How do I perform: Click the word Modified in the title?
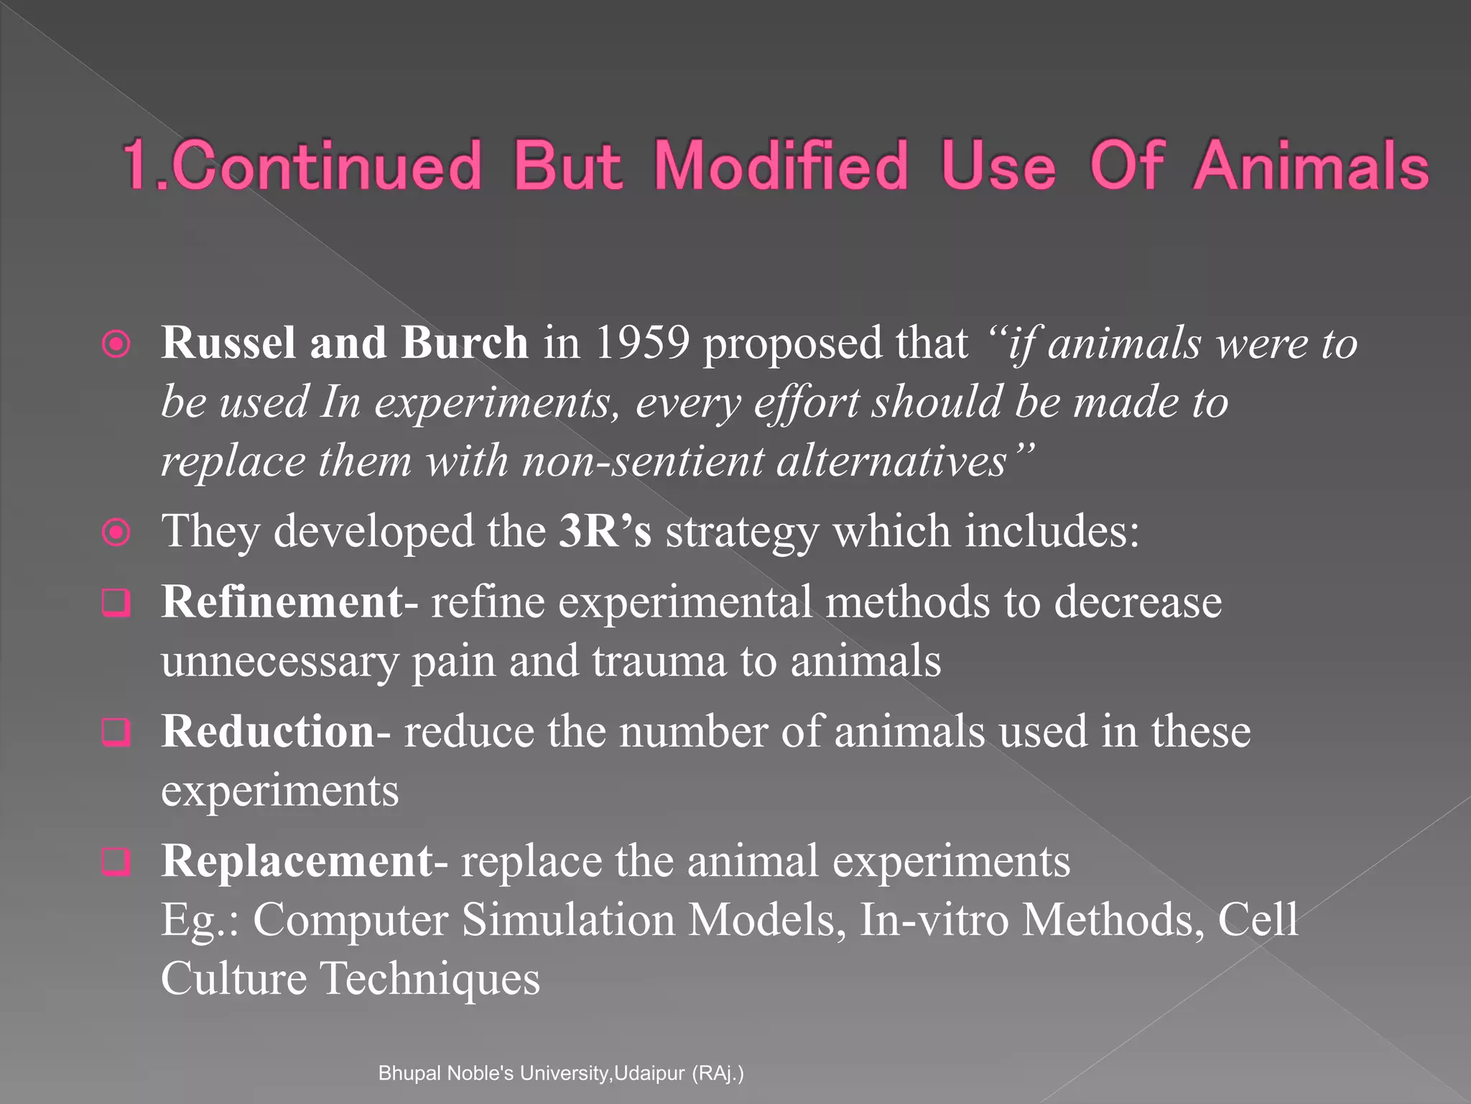(x=781, y=166)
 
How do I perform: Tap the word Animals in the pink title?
(x=1312, y=166)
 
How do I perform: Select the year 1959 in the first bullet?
(x=642, y=343)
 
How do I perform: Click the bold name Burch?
(x=465, y=343)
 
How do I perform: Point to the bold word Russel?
(x=228, y=343)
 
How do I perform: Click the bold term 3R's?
(x=605, y=531)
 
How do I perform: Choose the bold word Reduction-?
(x=276, y=732)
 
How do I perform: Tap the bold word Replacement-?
(x=305, y=861)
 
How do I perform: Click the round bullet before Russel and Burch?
(x=116, y=344)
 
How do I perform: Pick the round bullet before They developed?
(x=116, y=533)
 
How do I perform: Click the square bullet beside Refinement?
(x=116, y=602)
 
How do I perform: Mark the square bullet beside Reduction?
(x=116, y=732)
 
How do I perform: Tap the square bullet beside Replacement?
(x=116, y=862)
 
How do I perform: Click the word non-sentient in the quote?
(x=643, y=461)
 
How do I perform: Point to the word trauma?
(x=659, y=661)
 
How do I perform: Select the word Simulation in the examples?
(x=568, y=920)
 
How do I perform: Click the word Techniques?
(x=430, y=979)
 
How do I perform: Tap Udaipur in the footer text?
(x=649, y=1073)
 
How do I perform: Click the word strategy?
(x=742, y=533)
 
